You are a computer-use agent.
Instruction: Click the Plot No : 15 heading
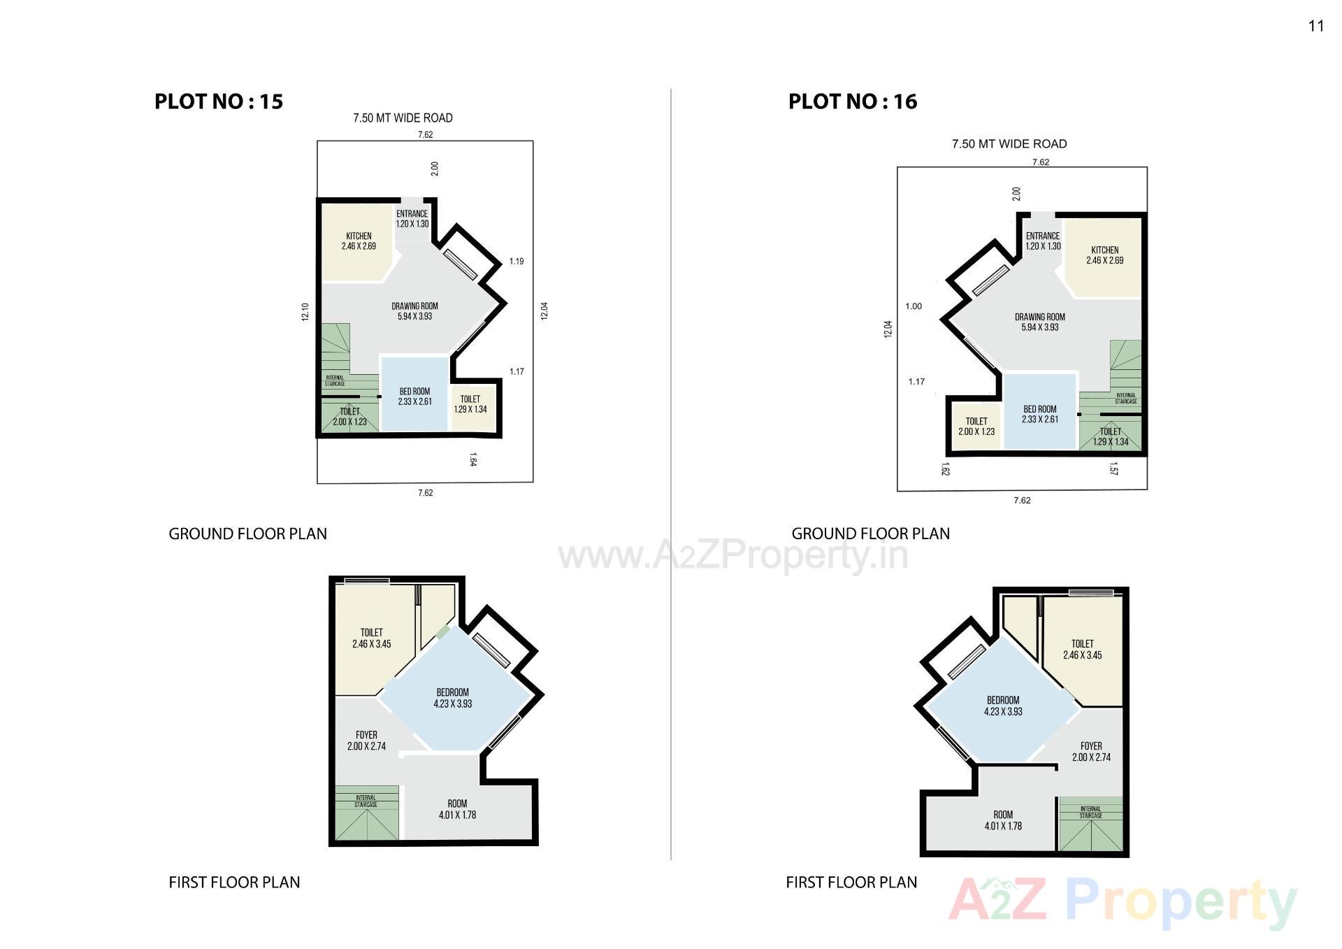point(219,101)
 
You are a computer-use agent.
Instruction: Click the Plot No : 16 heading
point(853,101)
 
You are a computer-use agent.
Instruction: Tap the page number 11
point(1316,26)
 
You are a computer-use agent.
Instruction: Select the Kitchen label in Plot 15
point(359,241)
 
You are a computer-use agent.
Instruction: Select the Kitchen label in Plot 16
point(1104,255)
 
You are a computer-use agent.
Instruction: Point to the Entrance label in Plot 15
point(412,219)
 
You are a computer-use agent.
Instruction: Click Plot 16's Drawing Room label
point(1040,322)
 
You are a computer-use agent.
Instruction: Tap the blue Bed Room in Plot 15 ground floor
point(414,397)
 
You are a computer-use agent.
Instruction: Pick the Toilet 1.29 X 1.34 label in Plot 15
point(470,404)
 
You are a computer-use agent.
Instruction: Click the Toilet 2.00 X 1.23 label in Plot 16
point(976,427)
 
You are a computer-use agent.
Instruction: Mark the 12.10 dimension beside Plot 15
point(305,311)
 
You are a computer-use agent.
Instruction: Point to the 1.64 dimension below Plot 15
point(473,459)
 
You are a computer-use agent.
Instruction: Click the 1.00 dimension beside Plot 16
point(914,306)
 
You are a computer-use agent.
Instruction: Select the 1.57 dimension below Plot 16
point(1113,469)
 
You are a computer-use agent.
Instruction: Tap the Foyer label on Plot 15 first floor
point(366,741)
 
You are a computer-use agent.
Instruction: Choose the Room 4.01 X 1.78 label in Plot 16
point(1003,820)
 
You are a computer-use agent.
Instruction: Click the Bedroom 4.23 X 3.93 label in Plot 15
point(453,698)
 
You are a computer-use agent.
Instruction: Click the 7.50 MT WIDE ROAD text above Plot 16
point(1009,144)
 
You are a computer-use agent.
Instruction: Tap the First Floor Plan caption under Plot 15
point(234,883)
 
